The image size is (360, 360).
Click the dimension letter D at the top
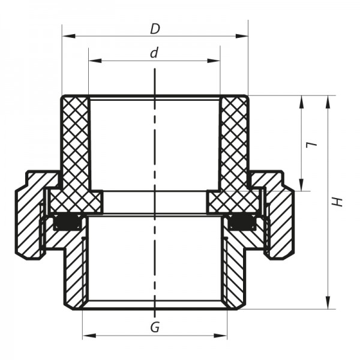155,28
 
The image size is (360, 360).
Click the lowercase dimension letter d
155,53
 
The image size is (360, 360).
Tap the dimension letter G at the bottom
155,328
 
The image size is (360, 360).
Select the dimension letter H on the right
339,202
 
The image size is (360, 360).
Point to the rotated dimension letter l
311,144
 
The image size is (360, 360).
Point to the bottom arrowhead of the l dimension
301,186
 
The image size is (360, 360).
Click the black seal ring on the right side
242,224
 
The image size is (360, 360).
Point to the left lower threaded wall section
76,270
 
